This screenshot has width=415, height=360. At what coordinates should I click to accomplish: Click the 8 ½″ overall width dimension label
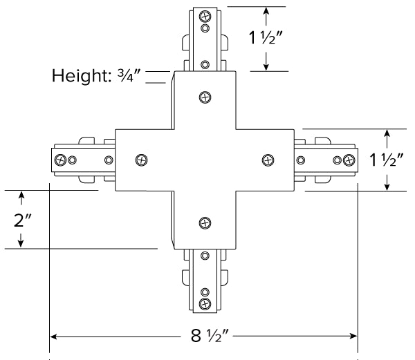coord(210,337)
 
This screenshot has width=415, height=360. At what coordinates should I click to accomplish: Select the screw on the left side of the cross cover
coord(142,160)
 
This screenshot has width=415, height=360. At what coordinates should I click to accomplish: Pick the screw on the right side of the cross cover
coord(268,160)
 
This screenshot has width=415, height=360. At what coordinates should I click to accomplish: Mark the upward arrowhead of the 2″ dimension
coord(22,196)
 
